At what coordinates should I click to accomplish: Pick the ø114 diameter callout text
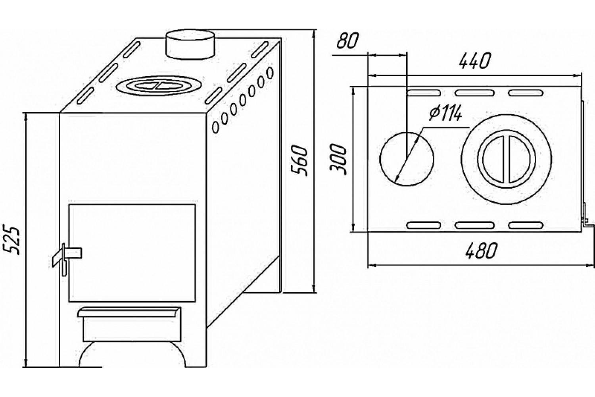click(x=445, y=115)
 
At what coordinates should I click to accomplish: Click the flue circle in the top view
click(x=407, y=158)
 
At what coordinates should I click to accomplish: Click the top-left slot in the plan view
click(x=424, y=93)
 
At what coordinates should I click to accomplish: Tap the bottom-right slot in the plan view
click(x=525, y=225)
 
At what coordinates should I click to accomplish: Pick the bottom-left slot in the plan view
click(x=424, y=225)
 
